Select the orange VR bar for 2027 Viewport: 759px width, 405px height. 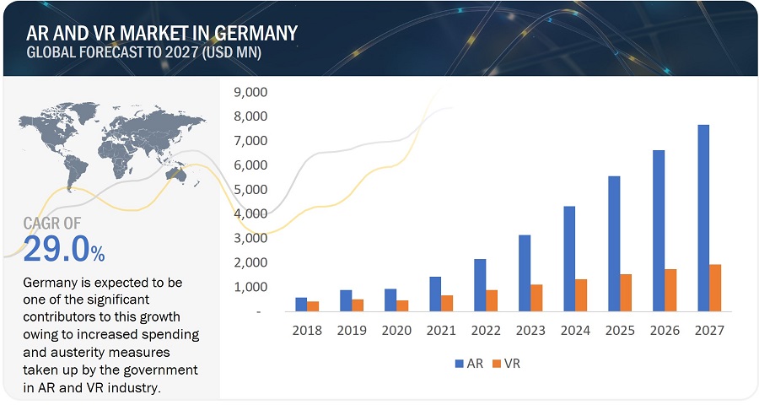(x=715, y=288)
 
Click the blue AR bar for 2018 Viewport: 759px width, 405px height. (x=301, y=305)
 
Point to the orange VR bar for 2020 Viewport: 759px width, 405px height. (x=403, y=305)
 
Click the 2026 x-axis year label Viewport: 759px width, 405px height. (x=665, y=331)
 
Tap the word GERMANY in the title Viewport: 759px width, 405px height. (x=253, y=34)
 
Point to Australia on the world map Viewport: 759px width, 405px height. (x=180, y=174)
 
